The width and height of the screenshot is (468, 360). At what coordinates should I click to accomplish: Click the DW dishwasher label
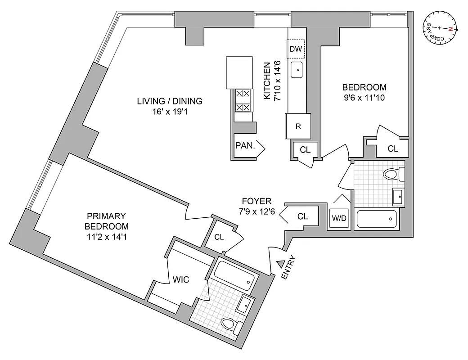[x=296, y=49]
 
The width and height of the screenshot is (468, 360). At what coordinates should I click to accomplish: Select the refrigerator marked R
[x=298, y=126]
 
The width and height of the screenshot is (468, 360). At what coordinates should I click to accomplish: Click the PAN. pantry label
[x=245, y=145]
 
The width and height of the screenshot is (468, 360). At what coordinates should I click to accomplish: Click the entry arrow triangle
[x=280, y=264]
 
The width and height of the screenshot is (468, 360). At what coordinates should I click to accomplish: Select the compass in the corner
[x=441, y=29]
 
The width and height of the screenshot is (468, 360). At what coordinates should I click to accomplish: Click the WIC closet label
[x=181, y=279]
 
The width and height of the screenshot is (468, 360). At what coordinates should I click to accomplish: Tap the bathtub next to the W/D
[x=377, y=220]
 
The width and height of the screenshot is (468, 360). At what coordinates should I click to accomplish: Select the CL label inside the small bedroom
[x=393, y=148]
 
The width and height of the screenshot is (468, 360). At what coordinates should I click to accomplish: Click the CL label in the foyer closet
[x=303, y=216]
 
